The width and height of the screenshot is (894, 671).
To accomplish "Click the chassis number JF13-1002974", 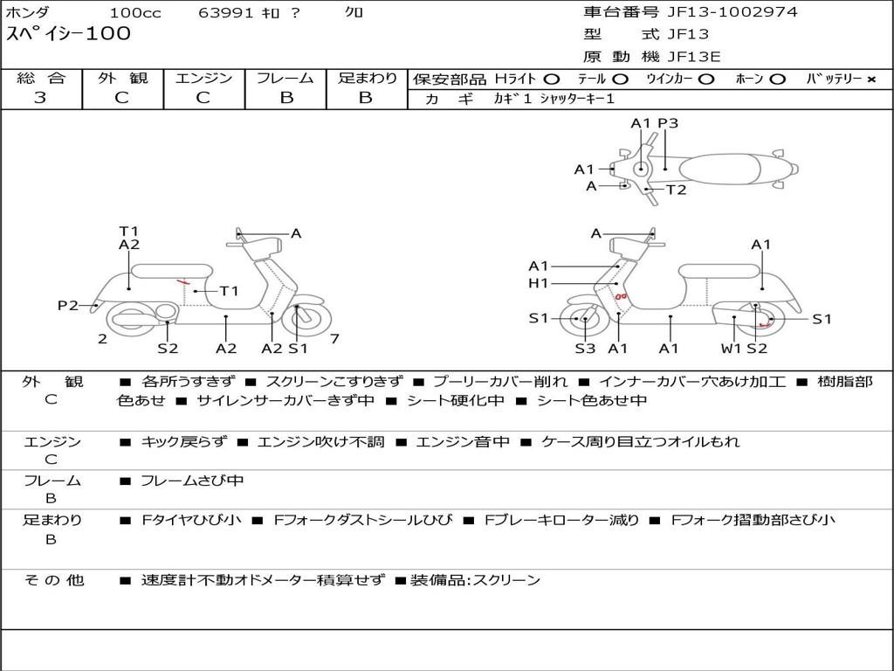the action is click(732, 12).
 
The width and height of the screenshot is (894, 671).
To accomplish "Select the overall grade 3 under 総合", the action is click(40, 98).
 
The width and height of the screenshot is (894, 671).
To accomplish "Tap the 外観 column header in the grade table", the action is click(122, 78).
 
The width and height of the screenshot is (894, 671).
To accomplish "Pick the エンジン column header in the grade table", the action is click(203, 78).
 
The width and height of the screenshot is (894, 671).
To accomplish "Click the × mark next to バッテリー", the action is click(870, 80).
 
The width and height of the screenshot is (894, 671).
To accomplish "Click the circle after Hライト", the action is click(551, 80).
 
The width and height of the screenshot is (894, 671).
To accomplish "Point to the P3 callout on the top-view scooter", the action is click(668, 123).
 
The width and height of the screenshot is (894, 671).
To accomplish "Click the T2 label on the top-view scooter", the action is click(677, 190).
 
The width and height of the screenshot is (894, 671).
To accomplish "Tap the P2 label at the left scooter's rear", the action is click(68, 306).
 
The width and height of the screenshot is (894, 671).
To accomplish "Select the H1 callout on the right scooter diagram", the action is click(538, 283).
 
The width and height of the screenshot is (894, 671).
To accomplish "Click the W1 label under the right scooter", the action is click(731, 348).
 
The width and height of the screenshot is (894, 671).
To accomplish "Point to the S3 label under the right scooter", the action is click(585, 348).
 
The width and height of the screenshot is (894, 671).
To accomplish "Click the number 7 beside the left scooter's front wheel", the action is click(334, 339).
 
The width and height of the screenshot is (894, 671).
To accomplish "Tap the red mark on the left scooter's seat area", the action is click(182, 282).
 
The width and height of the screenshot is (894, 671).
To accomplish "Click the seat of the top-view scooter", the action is click(719, 169).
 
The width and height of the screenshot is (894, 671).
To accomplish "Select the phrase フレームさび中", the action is click(192, 481).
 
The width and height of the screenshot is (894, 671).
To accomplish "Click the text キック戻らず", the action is click(183, 441).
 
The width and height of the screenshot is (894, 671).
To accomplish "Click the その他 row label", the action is click(53, 580).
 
